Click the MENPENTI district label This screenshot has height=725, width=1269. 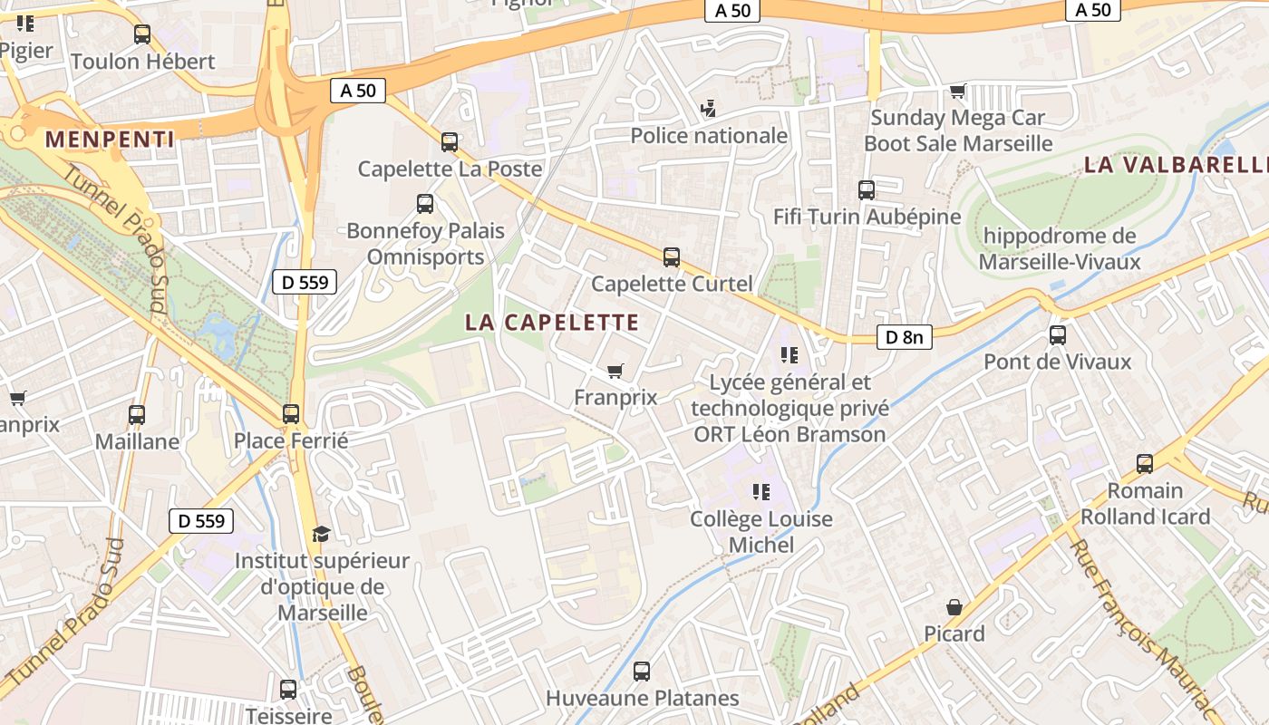pyautogui.click(x=110, y=139)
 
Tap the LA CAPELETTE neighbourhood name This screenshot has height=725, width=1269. pyautogui.click(x=552, y=322)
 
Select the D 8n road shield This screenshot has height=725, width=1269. pyautogui.click(x=904, y=337)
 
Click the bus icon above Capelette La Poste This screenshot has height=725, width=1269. pyautogui.click(x=450, y=142)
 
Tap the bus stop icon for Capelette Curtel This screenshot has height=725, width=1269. pyautogui.click(x=672, y=257)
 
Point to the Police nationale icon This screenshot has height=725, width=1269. pyautogui.click(x=709, y=109)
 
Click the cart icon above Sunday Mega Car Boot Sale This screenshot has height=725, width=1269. pyautogui.click(x=958, y=91)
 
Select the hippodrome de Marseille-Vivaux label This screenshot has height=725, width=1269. pyautogui.click(x=1059, y=249)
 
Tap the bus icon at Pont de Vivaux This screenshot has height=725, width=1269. pyautogui.click(x=1058, y=335)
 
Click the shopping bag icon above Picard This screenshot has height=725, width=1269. pyautogui.click(x=954, y=607)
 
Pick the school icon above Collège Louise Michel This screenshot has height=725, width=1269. pyautogui.click(x=761, y=492)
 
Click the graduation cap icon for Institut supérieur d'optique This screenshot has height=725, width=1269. pyautogui.click(x=321, y=534)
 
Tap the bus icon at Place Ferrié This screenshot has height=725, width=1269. pyautogui.click(x=291, y=414)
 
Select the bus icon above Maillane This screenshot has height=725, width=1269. pyautogui.click(x=137, y=415)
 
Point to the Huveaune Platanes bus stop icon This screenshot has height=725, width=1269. pyautogui.click(x=642, y=672)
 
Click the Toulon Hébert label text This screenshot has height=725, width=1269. pyautogui.click(x=143, y=62)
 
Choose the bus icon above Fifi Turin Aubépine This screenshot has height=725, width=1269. pyautogui.click(x=867, y=190)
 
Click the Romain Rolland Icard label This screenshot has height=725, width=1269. pyautogui.click(x=1145, y=504)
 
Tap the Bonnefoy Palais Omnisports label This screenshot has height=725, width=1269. pyautogui.click(x=425, y=244)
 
